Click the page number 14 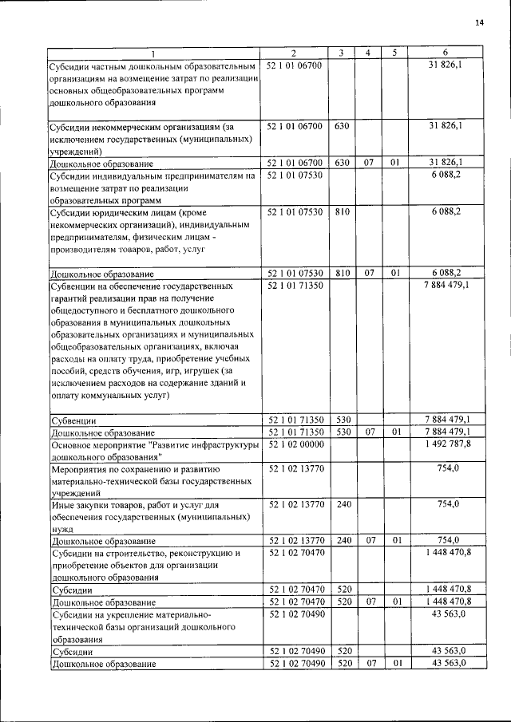479,22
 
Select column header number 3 341,53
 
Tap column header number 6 445,53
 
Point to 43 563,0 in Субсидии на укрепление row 449,615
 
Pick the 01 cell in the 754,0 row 394,541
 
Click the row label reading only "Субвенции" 73,420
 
